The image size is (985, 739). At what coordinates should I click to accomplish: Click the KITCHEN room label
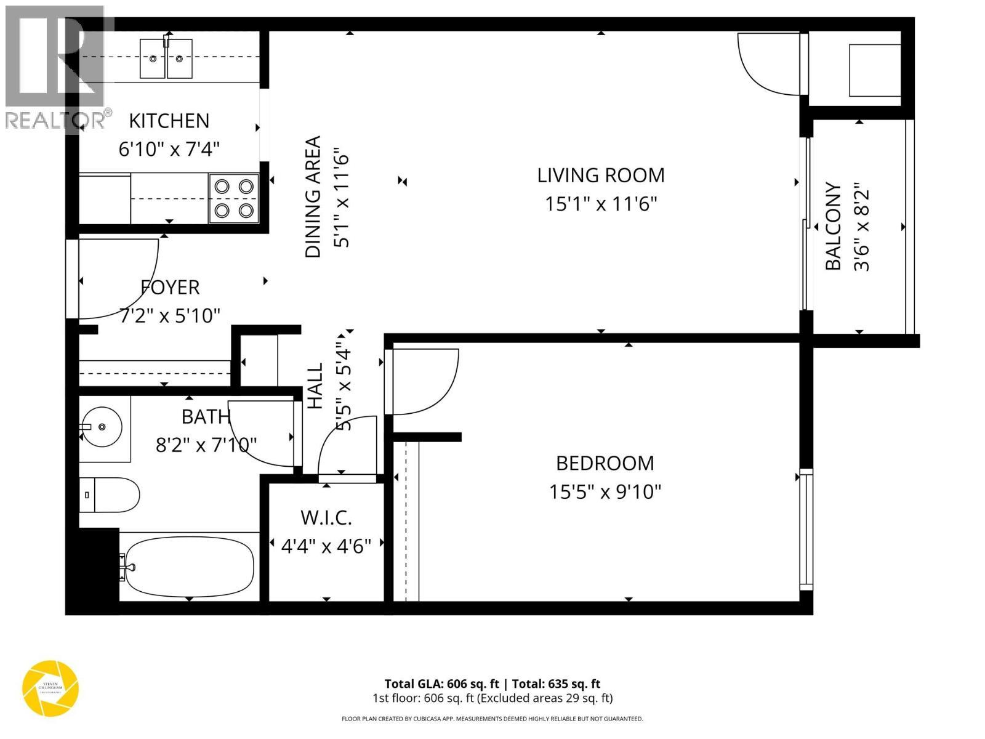click(169, 121)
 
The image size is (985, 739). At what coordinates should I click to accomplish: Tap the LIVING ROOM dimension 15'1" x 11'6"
click(601, 204)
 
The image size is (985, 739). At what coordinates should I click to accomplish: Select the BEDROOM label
click(605, 463)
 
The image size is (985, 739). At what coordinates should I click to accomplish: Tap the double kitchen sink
click(166, 59)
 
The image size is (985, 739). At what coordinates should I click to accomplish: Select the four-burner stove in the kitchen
click(234, 198)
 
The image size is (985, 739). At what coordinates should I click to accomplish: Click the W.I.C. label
click(326, 518)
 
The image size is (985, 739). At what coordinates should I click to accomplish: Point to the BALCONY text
click(833, 226)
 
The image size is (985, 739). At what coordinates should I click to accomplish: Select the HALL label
click(315, 386)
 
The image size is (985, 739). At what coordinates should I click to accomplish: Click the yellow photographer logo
click(50, 688)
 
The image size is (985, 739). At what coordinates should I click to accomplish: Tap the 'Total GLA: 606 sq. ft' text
click(441, 684)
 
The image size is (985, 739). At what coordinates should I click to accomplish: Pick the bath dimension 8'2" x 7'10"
click(206, 445)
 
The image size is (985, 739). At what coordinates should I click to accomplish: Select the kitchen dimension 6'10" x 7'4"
click(169, 149)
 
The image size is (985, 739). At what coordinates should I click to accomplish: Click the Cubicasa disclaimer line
click(492, 719)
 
